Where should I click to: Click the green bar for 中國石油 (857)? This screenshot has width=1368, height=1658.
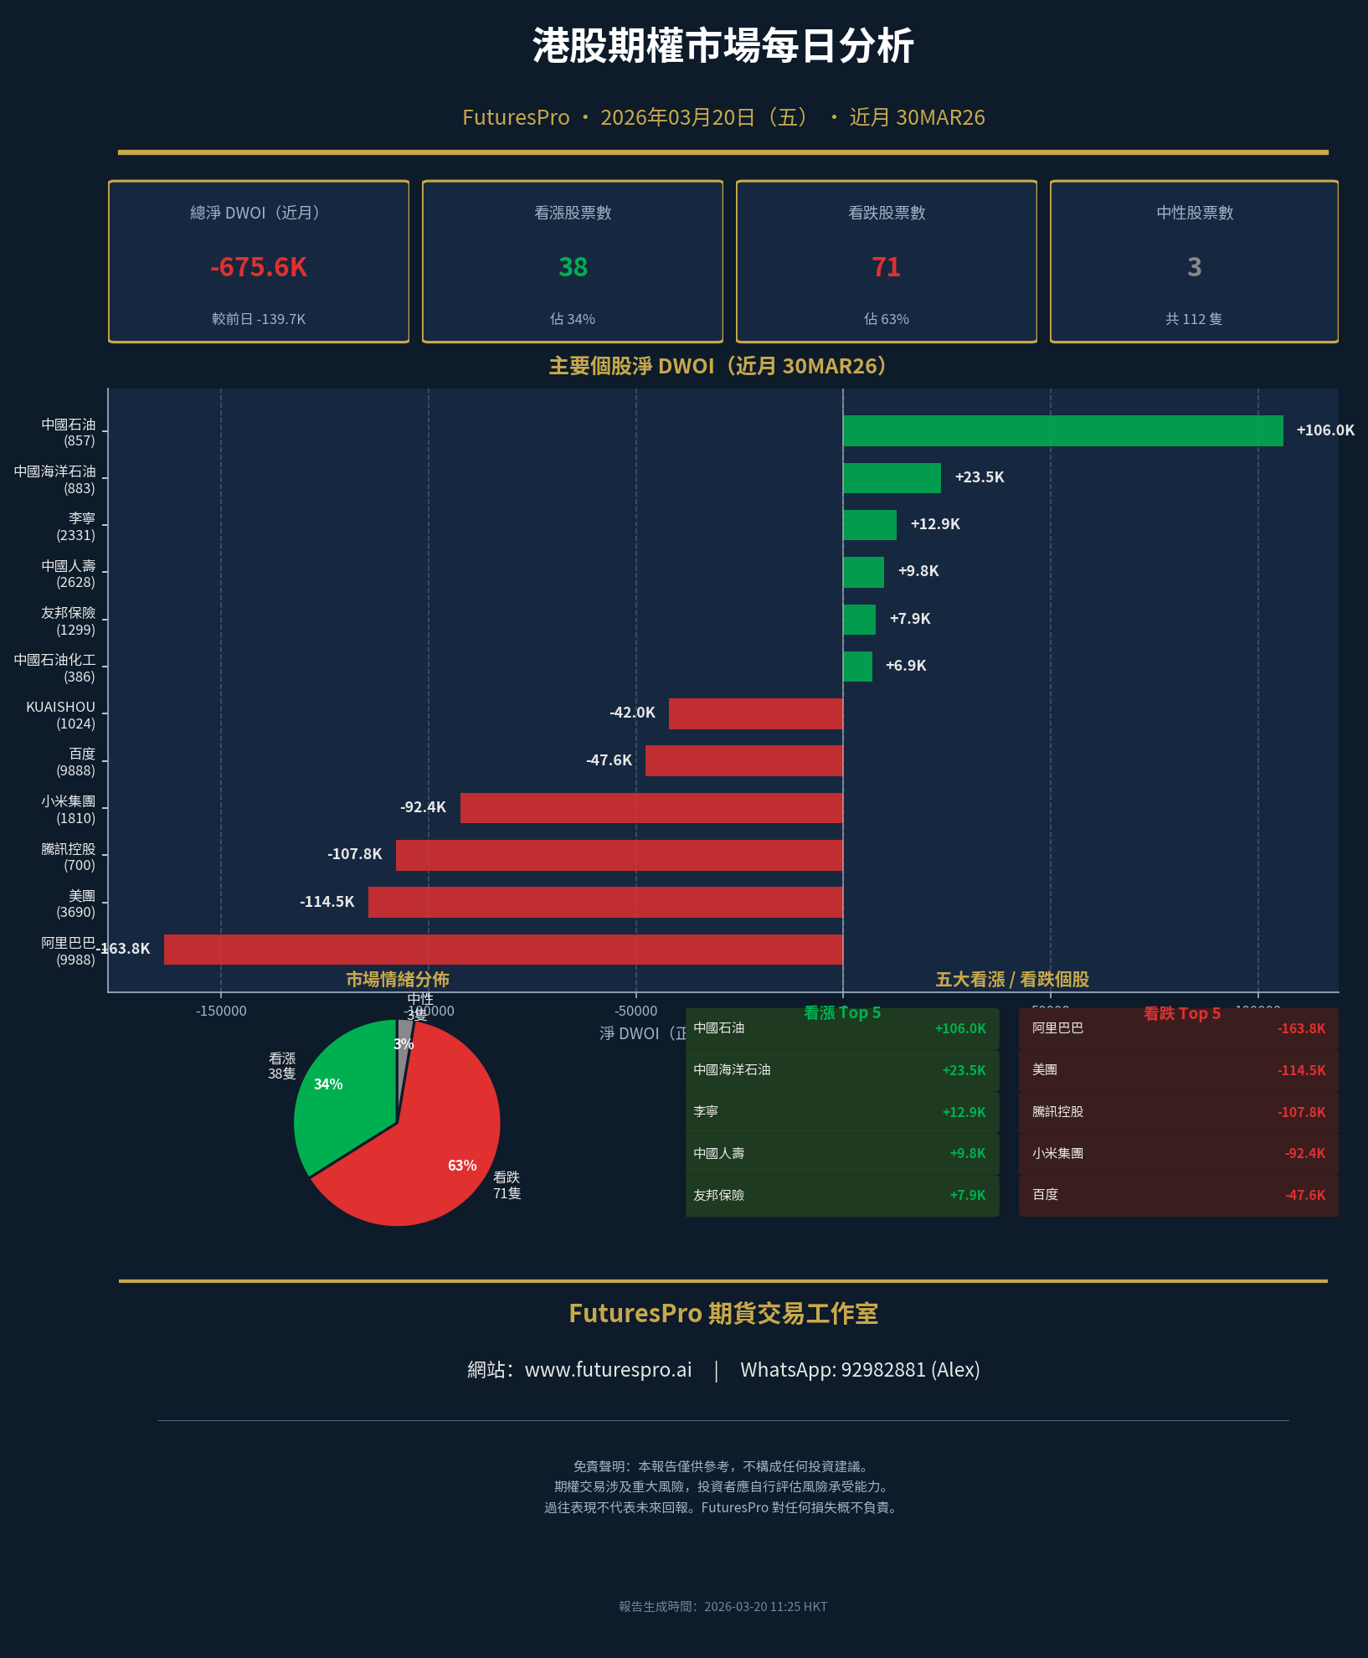1062,430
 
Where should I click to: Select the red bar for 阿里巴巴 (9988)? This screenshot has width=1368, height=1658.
502,950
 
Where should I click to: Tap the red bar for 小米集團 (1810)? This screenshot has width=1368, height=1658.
651,808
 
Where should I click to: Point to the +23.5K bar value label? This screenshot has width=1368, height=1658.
979,477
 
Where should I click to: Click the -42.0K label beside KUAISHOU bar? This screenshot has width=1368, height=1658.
632,713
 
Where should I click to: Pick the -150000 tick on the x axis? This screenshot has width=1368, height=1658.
221,1011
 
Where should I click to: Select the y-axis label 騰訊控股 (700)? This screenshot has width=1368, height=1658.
69,857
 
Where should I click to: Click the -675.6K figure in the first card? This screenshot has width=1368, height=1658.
259,267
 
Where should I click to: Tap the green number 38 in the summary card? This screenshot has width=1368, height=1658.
573,267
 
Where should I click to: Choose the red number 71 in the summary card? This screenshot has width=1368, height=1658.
886,267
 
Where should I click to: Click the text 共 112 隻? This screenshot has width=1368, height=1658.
1193,319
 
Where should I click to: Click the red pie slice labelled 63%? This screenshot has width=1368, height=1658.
419,1172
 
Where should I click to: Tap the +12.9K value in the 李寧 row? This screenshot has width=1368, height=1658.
964,1112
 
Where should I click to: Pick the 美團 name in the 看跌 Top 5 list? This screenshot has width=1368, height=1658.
1045,1070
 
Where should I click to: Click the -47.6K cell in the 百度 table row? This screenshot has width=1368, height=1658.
1304,1195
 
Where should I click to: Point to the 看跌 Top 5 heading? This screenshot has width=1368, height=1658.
1181,1013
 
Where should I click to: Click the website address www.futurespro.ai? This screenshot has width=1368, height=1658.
608,1370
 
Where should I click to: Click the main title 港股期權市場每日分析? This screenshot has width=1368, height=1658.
723,46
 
